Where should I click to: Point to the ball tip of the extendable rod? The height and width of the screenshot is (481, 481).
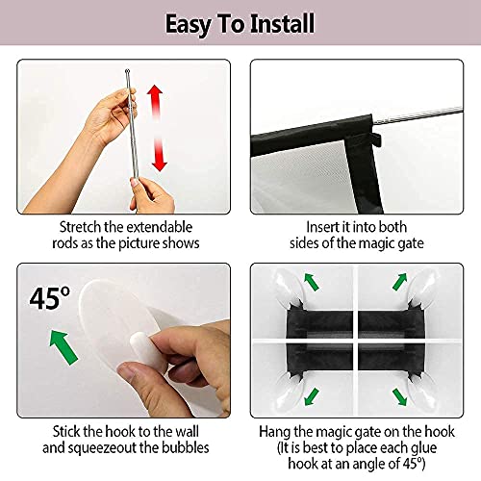127,71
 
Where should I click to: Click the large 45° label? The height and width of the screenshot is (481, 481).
50,298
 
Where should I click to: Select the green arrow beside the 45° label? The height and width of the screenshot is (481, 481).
63,348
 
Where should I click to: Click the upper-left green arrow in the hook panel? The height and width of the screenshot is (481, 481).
312,282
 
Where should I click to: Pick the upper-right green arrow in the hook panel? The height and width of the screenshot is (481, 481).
399,282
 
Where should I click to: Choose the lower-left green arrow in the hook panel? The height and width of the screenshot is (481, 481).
312,397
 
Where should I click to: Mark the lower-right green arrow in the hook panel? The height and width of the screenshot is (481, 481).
399,397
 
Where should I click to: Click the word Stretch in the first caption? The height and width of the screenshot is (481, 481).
80,227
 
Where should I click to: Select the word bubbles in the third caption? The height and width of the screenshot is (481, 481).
186,447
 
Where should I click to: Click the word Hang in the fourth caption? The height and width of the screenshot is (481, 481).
274,432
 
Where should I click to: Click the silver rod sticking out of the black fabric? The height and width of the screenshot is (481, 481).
418,115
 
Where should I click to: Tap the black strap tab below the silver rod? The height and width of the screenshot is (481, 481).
376,139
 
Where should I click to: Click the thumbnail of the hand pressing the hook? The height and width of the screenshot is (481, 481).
123,341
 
